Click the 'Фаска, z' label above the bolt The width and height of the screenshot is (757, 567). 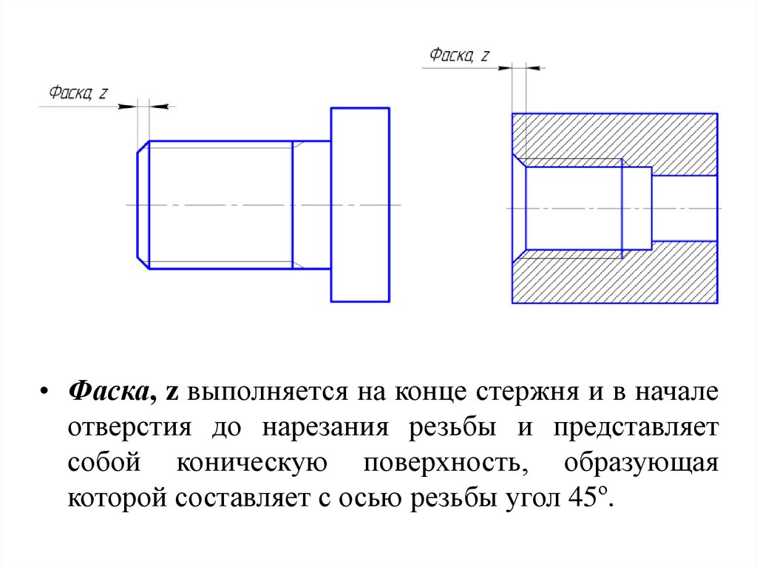pyautogui.click(x=78, y=93)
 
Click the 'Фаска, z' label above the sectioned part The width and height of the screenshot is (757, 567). pyautogui.click(x=459, y=55)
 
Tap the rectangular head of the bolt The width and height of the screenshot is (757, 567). pyautogui.click(x=359, y=204)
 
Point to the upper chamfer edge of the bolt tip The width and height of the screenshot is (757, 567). pyautogui.click(x=143, y=147)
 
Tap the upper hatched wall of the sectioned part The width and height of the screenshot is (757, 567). pyautogui.click(x=614, y=136)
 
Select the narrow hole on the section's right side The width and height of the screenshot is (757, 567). pyautogui.click(x=684, y=208)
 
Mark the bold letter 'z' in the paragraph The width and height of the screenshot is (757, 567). pyautogui.click(x=169, y=393)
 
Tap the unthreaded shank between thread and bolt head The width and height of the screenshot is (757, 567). pyautogui.click(x=311, y=204)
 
